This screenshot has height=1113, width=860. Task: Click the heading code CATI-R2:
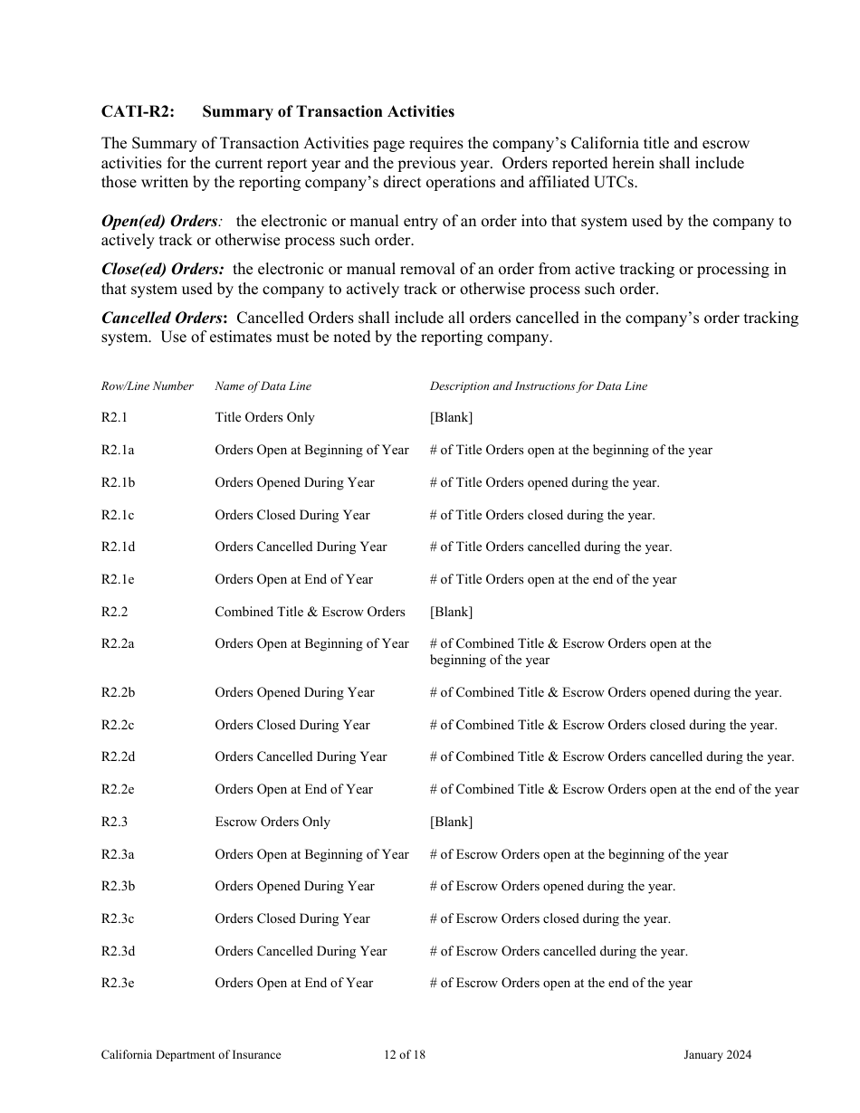[x=138, y=112]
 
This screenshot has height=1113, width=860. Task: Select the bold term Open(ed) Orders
[x=159, y=222]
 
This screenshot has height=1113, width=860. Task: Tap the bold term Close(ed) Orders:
[x=162, y=270]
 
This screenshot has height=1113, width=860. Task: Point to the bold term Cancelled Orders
[x=164, y=319]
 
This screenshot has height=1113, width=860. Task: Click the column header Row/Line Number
[x=147, y=386]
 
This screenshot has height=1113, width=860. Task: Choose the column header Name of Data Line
[x=263, y=386]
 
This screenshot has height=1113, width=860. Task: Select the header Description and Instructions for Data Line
[x=538, y=386]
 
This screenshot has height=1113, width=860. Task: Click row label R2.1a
[x=118, y=451]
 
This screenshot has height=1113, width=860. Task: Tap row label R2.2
[x=114, y=613]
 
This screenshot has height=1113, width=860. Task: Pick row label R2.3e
[x=118, y=984]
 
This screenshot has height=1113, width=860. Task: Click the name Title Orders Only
[x=264, y=418]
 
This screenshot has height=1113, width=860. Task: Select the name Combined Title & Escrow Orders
[x=310, y=613]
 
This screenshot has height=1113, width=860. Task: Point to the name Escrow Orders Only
[x=272, y=823]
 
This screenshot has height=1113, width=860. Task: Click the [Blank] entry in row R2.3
[x=451, y=823]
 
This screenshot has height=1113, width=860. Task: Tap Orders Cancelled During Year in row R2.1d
[x=301, y=547]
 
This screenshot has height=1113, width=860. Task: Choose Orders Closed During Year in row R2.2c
[x=292, y=726]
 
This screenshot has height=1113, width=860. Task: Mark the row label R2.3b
[x=118, y=887]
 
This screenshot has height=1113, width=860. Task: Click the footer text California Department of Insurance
[x=191, y=1055]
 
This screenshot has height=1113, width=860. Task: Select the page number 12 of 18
[x=404, y=1055]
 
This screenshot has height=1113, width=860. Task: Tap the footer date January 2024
[x=717, y=1055]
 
